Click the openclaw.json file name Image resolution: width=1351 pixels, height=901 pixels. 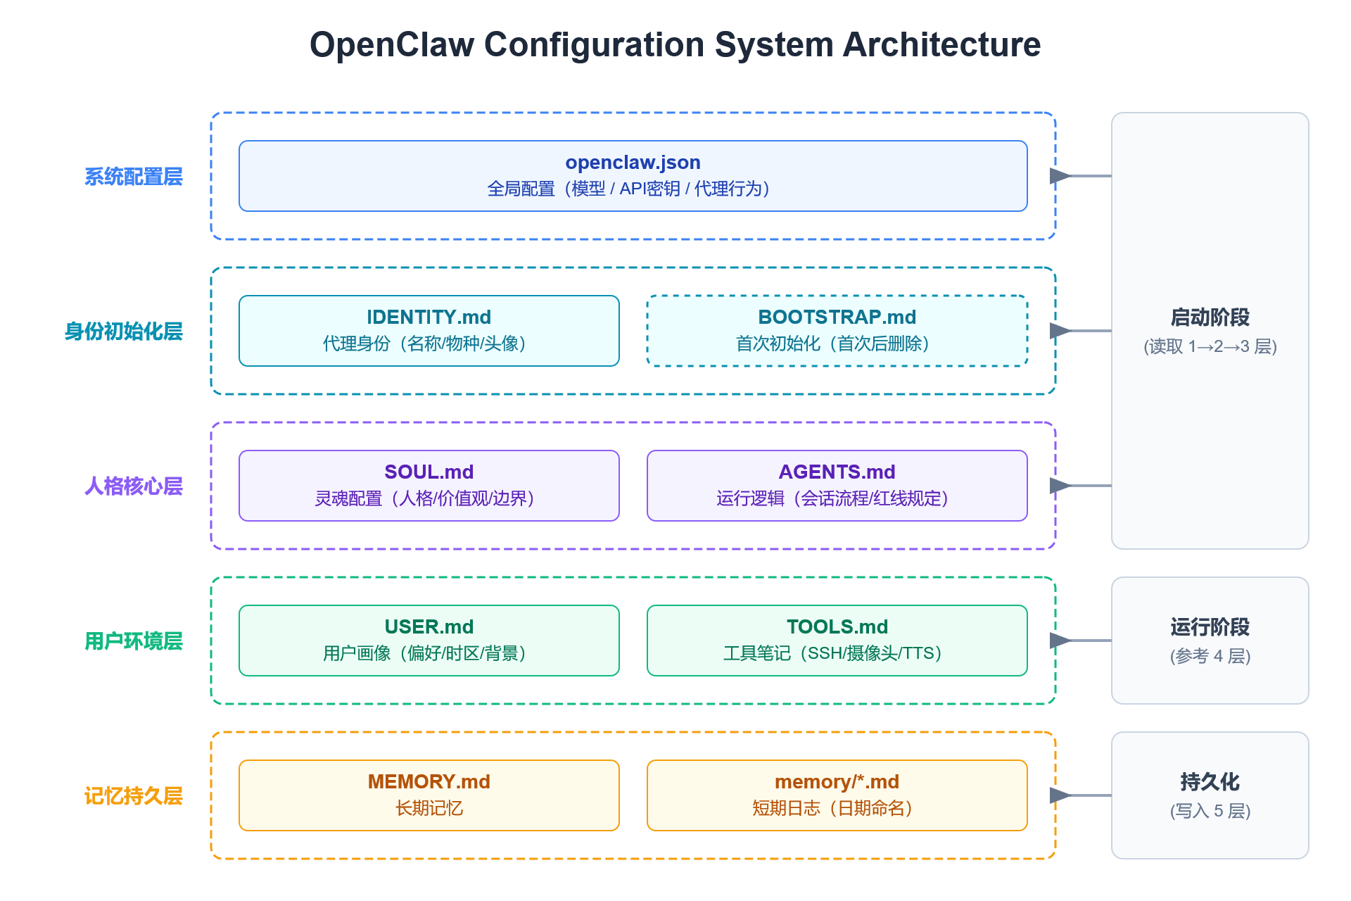click(x=633, y=163)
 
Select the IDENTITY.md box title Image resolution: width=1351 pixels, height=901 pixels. click(x=429, y=317)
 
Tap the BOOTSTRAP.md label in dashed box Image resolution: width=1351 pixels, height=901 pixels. click(x=837, y=317)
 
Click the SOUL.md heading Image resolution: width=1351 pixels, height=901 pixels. click(x=429, y=472)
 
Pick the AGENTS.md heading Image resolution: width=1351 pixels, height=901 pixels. click(x=837, y=472)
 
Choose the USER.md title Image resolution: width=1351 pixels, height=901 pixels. click(x=429, y=627)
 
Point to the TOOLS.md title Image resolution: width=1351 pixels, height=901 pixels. click(x=837, y=627)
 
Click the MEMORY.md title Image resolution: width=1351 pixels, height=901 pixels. click(x=429, y=782)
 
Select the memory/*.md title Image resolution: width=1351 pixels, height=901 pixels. click(x=837, y=782)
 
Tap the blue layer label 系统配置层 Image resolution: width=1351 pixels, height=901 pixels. click(x=134, y=177)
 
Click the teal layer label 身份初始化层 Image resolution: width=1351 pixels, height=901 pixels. click(x=124, y=332)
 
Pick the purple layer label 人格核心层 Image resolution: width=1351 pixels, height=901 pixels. click(x=134, y=486)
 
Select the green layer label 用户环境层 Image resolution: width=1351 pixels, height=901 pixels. click(x=134, y=641)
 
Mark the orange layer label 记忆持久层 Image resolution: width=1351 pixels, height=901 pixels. click(x=134, y=796)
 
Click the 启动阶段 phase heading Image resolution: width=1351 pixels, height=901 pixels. click(x=1210, y=317)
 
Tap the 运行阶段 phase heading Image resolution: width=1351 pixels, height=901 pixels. click(x=1210, y=627)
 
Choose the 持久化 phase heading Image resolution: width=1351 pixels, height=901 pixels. click(x=1210, y=782)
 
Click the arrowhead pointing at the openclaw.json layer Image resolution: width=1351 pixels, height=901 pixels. click(x=1059, y=176)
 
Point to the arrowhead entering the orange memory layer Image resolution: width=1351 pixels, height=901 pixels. click(x=1059, y=795)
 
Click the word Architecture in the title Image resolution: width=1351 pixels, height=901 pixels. click(x=941, y=45)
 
